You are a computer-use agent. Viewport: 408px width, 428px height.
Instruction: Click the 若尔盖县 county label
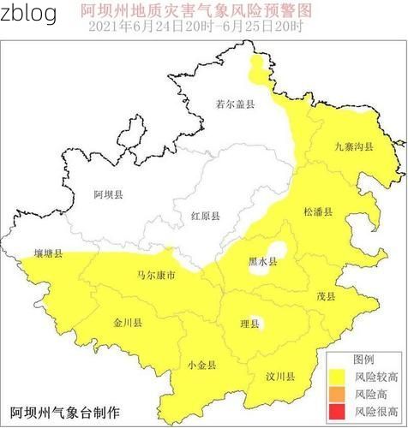[235, 104]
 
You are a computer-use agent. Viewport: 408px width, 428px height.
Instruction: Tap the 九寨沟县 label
[353, 147]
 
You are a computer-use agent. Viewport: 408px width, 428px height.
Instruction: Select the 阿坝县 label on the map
[108, 195]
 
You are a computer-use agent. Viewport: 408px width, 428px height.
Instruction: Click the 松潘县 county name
[317, 211]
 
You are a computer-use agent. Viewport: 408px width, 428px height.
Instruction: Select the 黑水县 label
[262, 262]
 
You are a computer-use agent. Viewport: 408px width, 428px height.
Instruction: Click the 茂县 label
[326, 295]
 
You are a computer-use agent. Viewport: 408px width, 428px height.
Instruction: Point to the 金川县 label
[128, 323]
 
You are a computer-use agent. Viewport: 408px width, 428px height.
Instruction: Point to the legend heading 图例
[363, 359]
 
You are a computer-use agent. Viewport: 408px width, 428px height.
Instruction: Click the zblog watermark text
[29, 14]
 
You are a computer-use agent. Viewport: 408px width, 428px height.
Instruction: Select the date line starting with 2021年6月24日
[195, 27]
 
